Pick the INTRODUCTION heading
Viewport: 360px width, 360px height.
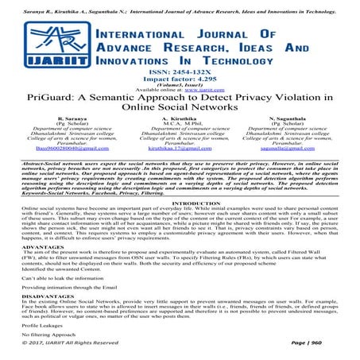tap(180, 204)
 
